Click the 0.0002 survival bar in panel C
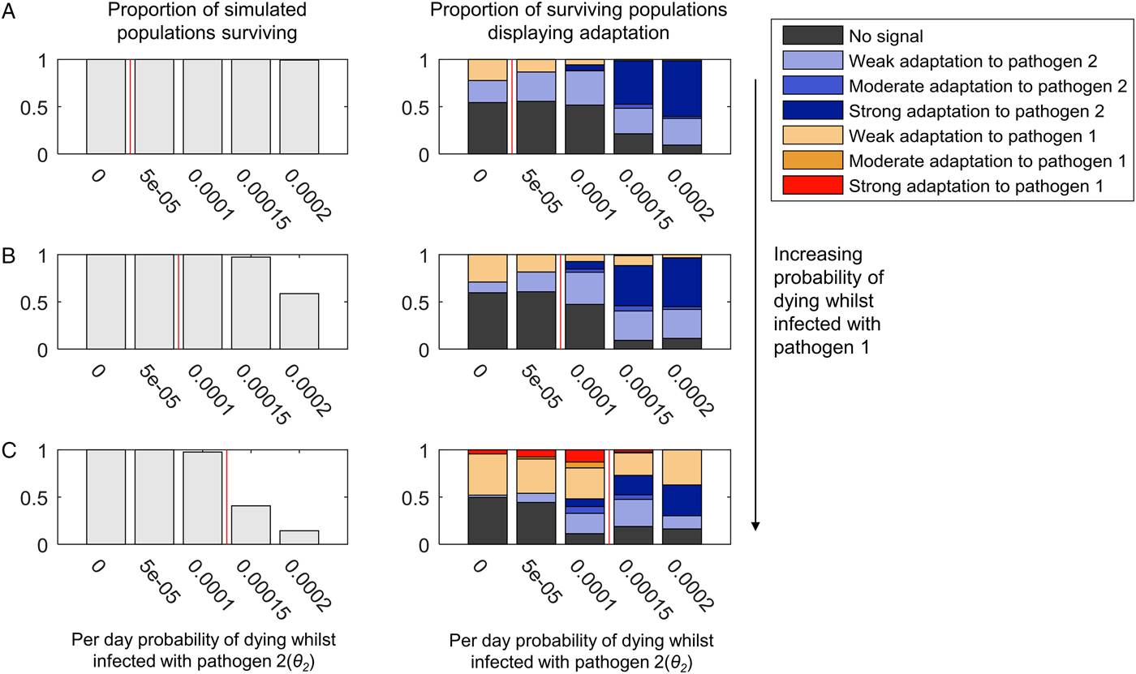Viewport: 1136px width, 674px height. pos(299,537)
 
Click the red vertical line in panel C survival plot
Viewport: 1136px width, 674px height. pos(226,496)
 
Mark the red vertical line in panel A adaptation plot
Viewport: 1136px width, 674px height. pos(512,106)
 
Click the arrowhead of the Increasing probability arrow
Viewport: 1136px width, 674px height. pos(755,526)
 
